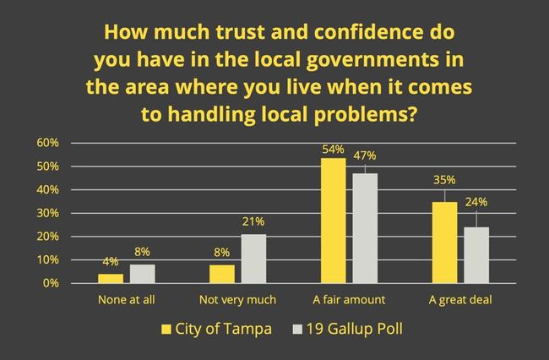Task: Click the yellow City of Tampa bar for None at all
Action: (x=111, y=278)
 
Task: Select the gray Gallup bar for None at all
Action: (x=142, y=274)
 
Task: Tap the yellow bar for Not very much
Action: (x=222, y=274)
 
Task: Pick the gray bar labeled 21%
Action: (x=253, y=259)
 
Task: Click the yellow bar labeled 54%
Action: (x=334, y=220)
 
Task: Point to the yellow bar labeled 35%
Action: (x=445, y=242)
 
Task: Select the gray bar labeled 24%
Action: (x=476, y=254)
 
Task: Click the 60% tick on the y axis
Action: (x=47, y=143)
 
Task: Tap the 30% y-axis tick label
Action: (x=47, y=213)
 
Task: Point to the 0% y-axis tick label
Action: (x=50, y=283)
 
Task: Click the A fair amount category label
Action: (x=350, y=299)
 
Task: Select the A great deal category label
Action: (x=460, y=299)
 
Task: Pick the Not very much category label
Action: (x=237, y=299)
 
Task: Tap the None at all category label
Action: (x=126, y=299)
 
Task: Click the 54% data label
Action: (x=334, y=149)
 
